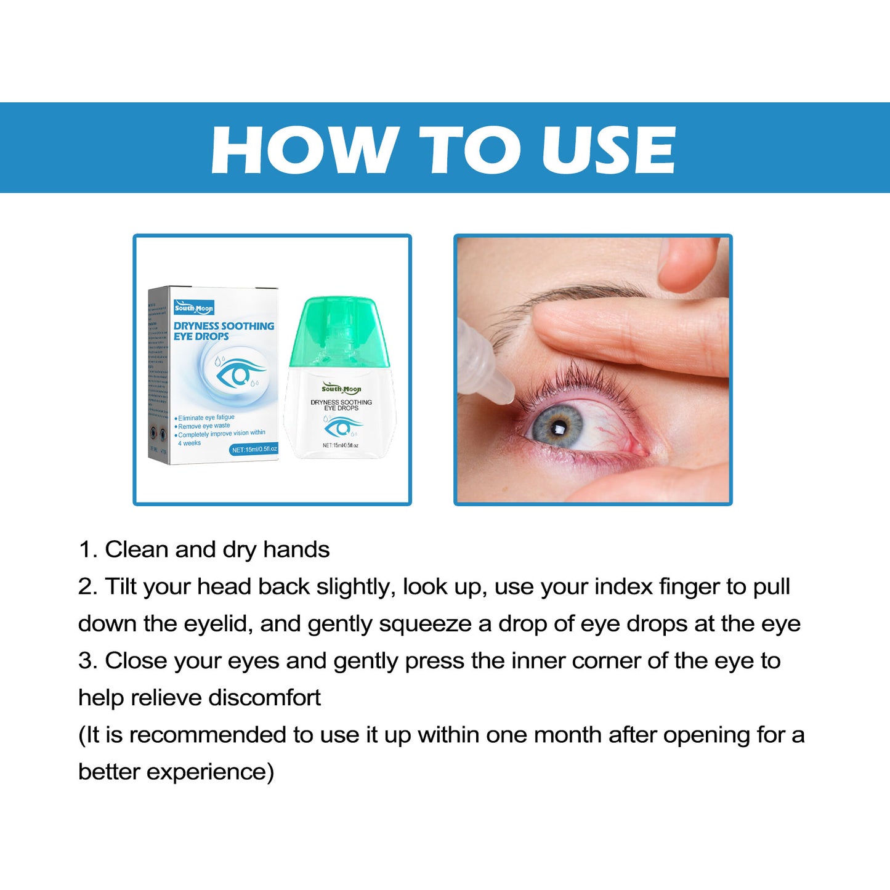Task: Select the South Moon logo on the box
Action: (x=193, y=308)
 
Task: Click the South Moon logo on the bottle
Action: (x=341, y=389)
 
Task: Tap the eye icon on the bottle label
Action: (x=342, y=426)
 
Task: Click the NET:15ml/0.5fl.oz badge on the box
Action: (x=254, y=450)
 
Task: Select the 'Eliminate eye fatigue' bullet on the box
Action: (x=206, y=418)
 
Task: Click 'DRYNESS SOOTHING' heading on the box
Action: (x=224, y=326)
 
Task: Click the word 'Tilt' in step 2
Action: (x=121, y=586)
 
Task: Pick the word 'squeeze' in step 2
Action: (x=425, y=624)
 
